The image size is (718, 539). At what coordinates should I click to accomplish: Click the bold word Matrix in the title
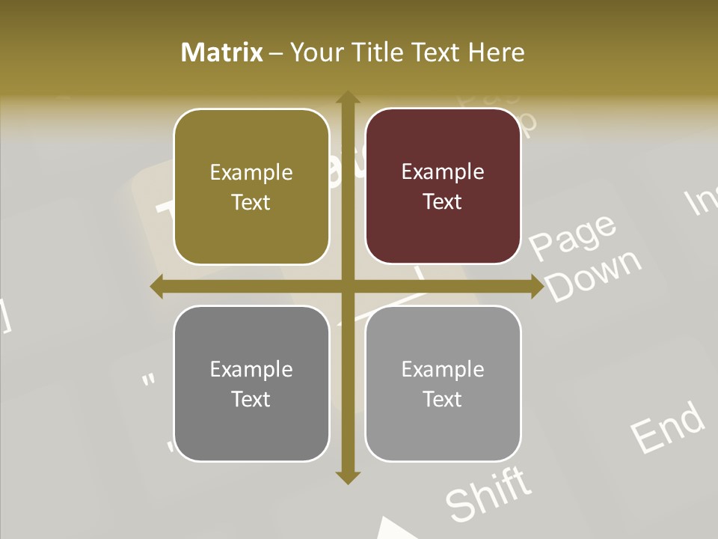(222, 52)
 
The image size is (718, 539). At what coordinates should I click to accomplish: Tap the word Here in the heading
(497, 52)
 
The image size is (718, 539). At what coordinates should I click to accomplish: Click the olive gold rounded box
(251, 186)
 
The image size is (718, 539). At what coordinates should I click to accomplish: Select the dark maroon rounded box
(443, 186)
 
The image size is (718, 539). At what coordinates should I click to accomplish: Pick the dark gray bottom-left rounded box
(251, 383)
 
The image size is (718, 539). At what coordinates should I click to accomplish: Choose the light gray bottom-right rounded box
(443, 383)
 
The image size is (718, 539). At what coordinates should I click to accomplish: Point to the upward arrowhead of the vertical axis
(347, 98)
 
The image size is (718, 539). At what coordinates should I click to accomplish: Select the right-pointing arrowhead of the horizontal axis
(536, 287)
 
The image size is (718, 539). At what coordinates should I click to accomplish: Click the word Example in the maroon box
(443, 172)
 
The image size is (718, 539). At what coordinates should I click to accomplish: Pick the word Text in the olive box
(251, 203)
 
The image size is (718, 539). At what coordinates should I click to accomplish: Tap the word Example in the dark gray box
(251, 369)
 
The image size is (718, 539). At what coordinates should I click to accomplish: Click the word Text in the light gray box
(443, 399)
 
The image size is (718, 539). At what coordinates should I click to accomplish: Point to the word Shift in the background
(489, 494)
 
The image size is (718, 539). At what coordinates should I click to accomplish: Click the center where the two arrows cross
(347, 287)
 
